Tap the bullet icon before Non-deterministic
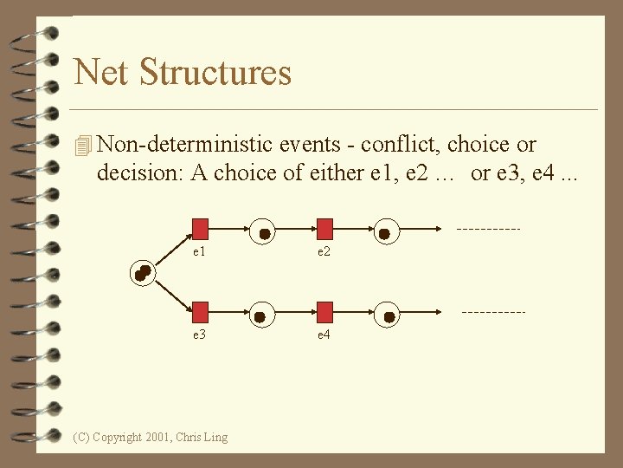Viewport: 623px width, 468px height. (83, 146)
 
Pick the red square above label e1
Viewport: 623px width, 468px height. (200, 229)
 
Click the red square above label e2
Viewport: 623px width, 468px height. (324, 229)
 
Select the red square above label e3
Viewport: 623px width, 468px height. (200, 312)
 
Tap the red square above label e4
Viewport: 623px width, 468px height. (324, 312)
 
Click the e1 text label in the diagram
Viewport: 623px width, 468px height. (199, 251)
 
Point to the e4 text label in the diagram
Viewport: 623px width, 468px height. (324, 335)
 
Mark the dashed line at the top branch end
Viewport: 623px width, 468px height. (488, 230)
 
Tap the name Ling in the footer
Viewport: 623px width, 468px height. (215, 438)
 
